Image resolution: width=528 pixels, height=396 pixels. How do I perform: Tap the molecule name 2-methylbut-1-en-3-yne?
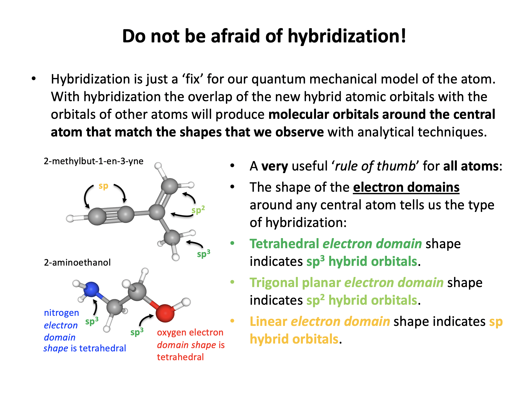(94, 161)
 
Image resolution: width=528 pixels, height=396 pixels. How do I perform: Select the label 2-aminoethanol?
(77, 262)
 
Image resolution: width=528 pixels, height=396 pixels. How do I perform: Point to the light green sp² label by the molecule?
(198, 210)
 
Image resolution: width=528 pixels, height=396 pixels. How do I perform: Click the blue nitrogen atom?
(91, 289)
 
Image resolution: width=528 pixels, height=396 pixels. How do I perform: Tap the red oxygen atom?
(165, 313)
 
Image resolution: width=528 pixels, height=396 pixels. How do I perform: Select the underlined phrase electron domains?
(406, 187)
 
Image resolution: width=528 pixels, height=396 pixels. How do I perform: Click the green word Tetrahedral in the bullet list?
(284, 244)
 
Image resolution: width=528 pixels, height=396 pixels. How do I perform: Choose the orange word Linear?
(268, 321)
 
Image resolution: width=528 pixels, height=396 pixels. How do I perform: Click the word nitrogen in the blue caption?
(61, 313)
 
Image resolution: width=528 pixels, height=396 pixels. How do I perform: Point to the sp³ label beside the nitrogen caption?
(92, 321)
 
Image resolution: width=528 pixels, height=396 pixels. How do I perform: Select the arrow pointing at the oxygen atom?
(145, 319)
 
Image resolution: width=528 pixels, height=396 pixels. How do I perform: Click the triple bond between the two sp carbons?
(112, 215)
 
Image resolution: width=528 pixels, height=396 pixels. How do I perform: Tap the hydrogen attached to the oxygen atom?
(186, 302)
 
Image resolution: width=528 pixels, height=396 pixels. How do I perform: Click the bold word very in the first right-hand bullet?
(274, 166)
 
